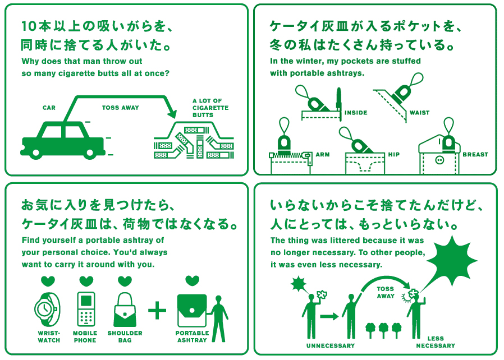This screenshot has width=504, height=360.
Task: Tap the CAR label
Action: click(49, 108)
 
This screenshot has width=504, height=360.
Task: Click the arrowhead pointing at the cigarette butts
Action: click(172, 113)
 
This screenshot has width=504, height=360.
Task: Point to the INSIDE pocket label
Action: click(356, 113)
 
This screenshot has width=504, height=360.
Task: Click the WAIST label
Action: click(419, 113)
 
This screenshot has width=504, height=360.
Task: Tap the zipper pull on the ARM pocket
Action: click(309, 158)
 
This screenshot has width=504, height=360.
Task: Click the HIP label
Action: click(394, 154)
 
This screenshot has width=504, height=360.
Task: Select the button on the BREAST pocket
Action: click(439, 160)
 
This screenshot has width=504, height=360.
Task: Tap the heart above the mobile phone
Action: click(86, 281)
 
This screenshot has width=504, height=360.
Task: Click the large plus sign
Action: click(157, 310)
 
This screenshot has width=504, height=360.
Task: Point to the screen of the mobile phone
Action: click(86, 301)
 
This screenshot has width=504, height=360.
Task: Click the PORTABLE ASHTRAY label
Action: click(192, 336)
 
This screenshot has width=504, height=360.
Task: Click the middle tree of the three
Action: click(383, 330)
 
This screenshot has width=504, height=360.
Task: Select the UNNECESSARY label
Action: click(331, 346)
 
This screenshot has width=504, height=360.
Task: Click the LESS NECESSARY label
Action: click(436, 343)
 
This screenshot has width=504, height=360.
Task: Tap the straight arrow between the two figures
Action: click(329, 316)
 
